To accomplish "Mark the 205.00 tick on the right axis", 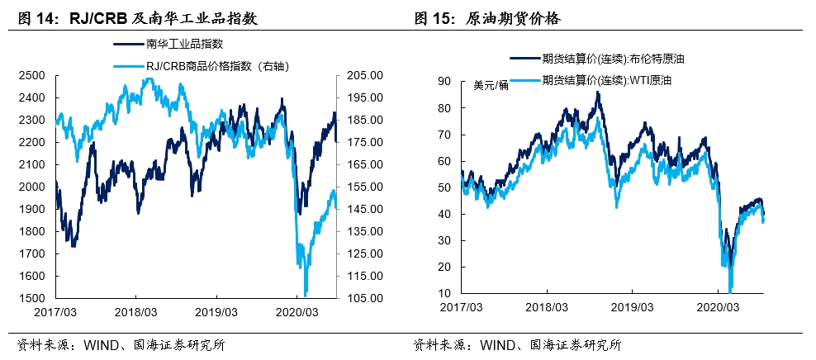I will pyautogui.click(x=355, y=75).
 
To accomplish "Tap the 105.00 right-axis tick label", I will pyautogui.click(x=355, y=298).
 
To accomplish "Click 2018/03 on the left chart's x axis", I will pyautogui.click(x=136, y=313).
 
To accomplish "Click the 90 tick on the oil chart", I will pyautogui.click(x=444, y=81).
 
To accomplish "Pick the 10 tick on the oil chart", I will pyautogui.click(x=444, y=293).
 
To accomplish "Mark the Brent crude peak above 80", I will pyautogui.click(x=597, y=92).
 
